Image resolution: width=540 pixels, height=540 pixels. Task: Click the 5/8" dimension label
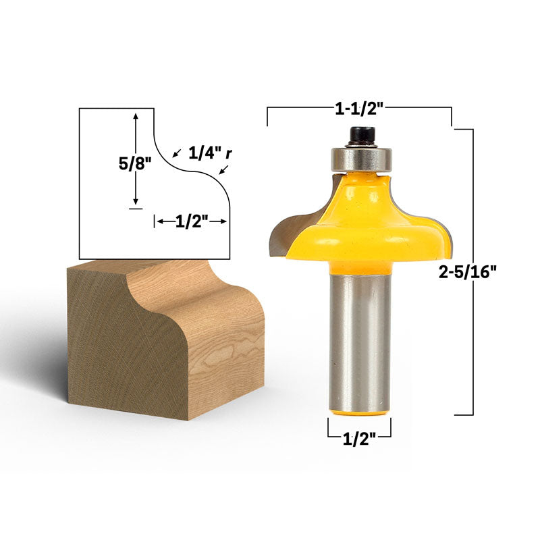click(135, 163)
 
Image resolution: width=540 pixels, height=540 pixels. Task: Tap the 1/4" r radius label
click(210, 153)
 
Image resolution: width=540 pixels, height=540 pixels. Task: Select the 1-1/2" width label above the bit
click(359, 109)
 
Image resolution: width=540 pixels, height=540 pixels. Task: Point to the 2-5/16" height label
click(467, 273)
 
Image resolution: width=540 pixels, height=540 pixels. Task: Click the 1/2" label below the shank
click(359, 439)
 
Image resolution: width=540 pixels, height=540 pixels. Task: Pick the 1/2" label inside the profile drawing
click(192, 221)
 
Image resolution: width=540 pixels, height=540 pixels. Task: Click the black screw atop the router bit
click(362, 136)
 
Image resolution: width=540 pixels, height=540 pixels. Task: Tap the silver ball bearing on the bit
click(362, 159)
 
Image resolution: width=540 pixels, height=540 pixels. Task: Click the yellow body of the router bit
click(365, 227)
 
